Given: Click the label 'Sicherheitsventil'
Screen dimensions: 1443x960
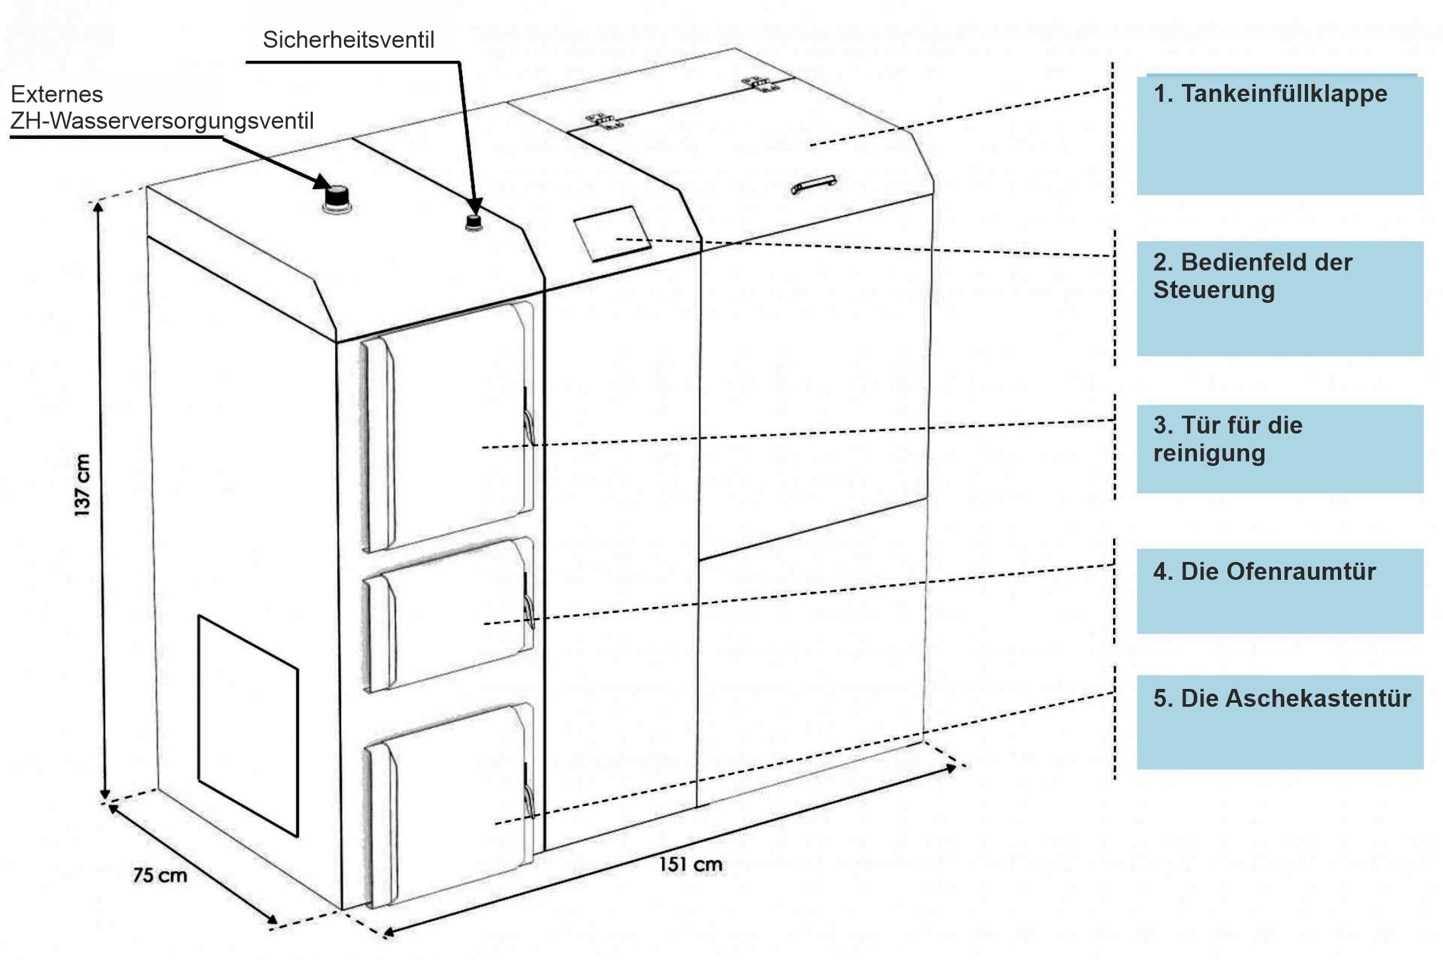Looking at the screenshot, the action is coord(349,40).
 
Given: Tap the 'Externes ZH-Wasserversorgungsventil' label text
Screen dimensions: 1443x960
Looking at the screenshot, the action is coord(162,108).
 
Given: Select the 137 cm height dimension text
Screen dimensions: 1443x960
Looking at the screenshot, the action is coord(81,485).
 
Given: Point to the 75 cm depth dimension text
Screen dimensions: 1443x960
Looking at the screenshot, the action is coord(160,875).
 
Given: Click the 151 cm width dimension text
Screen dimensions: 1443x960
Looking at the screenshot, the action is coord(690,864).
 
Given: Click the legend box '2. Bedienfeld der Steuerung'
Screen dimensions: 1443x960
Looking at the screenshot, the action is coord(1280,299).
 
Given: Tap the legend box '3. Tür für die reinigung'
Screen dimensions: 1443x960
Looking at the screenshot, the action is coord(1280,449).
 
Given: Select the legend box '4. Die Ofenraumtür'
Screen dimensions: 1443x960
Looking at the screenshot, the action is coord(1280,591).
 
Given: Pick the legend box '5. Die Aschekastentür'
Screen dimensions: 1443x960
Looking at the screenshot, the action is coord(1280,722).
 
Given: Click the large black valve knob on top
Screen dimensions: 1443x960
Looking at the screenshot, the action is coord(337,198).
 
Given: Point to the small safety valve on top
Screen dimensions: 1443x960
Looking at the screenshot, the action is coord(474,222).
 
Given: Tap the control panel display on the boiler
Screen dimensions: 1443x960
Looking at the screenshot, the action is coord(612,233).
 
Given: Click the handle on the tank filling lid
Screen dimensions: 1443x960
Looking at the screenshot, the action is coord(814,185).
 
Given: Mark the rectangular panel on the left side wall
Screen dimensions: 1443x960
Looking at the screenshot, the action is coord(248,726).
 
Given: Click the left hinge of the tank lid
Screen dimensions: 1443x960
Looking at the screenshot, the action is coord(606,120).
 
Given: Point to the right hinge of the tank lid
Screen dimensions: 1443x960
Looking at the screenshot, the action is coord(761,83).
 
